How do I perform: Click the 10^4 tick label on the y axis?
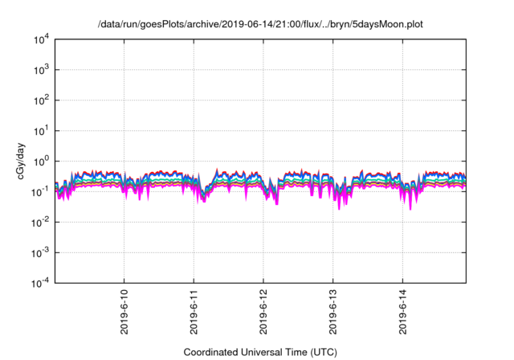point(40,39)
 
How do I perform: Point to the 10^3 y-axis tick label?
point(40,70)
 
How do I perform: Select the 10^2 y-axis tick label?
point(40,100)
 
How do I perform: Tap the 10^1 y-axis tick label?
point(40,130)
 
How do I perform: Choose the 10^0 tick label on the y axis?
point(40,161)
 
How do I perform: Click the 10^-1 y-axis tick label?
point(39,191)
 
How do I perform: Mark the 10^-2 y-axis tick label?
point(39,222)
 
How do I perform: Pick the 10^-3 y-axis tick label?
point(39,252)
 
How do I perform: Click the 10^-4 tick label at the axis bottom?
point(39,282)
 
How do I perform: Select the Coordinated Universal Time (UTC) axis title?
point(260,352)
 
